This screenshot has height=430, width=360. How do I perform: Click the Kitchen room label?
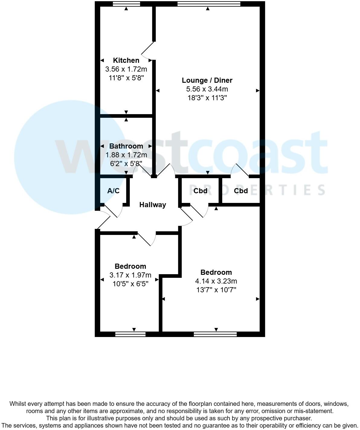(126, 60)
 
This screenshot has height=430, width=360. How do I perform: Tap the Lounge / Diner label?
(207, 80)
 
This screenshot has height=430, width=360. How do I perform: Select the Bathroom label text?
(126, 146)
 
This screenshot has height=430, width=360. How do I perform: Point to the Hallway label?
(153, 205)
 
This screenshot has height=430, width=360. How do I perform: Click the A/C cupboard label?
(113, 191)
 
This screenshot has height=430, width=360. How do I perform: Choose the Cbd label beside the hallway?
(200, 191)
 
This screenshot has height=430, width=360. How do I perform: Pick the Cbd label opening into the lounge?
(241, 191)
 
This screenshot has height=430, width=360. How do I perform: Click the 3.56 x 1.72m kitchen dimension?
(126, 69)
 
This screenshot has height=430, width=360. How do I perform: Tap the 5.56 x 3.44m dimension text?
(207, 89)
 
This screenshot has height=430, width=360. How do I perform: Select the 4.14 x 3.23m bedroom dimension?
(216, 281)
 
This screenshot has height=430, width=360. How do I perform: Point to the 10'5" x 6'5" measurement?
(130, 284)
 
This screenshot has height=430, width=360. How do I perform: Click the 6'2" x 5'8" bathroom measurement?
(126, 163)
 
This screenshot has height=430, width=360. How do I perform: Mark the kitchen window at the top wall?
(126, 4)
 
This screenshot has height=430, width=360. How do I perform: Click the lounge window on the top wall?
(209, 4)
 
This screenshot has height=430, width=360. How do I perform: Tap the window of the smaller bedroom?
(130, 334)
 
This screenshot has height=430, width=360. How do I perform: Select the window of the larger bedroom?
(215, 334)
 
